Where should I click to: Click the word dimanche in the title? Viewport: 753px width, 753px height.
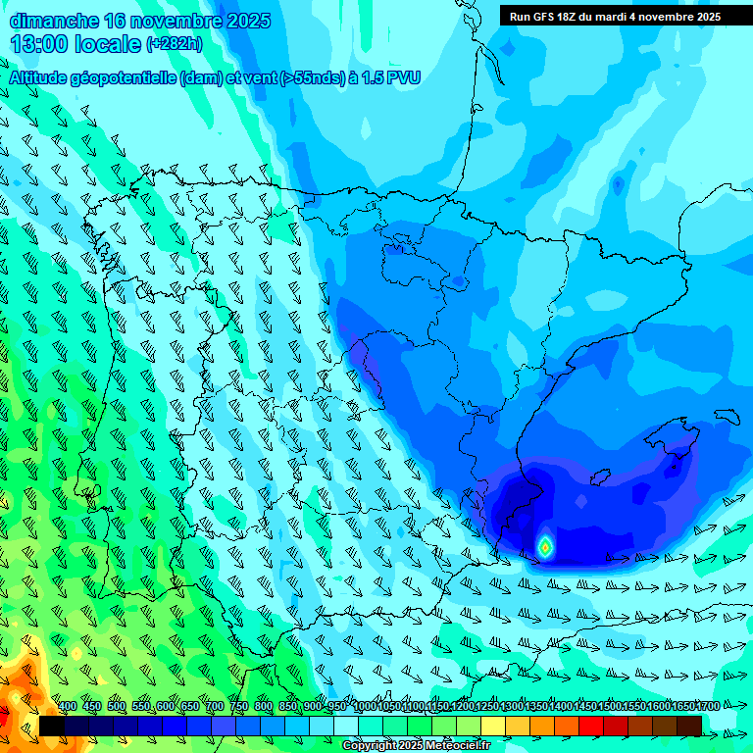pos(54,21)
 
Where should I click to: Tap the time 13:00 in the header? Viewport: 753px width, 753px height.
pos(38,44)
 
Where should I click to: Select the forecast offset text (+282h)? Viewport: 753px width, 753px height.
pos(175,44)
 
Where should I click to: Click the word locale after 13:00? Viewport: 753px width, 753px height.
pos(108,44)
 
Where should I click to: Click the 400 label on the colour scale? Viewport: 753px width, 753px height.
pos(68,706)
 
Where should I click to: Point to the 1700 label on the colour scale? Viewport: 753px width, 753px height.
pos(707,706)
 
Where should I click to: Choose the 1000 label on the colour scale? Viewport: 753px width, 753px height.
pos(364,706)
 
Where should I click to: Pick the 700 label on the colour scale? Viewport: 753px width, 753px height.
pos(215,706)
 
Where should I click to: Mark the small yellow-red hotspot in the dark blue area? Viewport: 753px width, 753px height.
pos(544,546)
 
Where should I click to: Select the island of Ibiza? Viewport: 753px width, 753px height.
pos(599,477)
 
